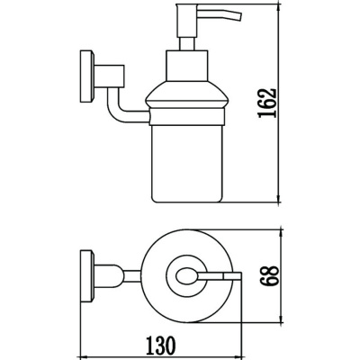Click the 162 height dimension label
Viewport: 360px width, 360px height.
266,103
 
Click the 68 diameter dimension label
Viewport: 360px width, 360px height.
269,276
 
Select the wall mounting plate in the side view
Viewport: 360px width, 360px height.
87,77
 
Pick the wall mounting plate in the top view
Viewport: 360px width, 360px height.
87,276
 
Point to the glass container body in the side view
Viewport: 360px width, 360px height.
188,163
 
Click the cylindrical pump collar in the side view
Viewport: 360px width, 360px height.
186,66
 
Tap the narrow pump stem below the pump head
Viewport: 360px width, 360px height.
186,44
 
